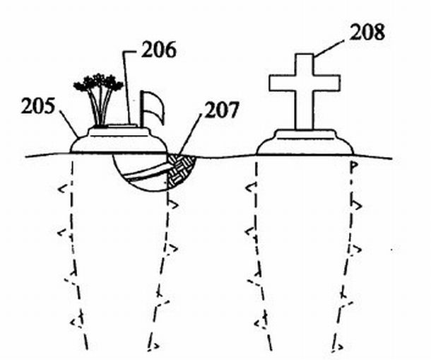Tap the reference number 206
click(160, 50)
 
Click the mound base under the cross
click(305, 142)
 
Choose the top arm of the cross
click(304, 62)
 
